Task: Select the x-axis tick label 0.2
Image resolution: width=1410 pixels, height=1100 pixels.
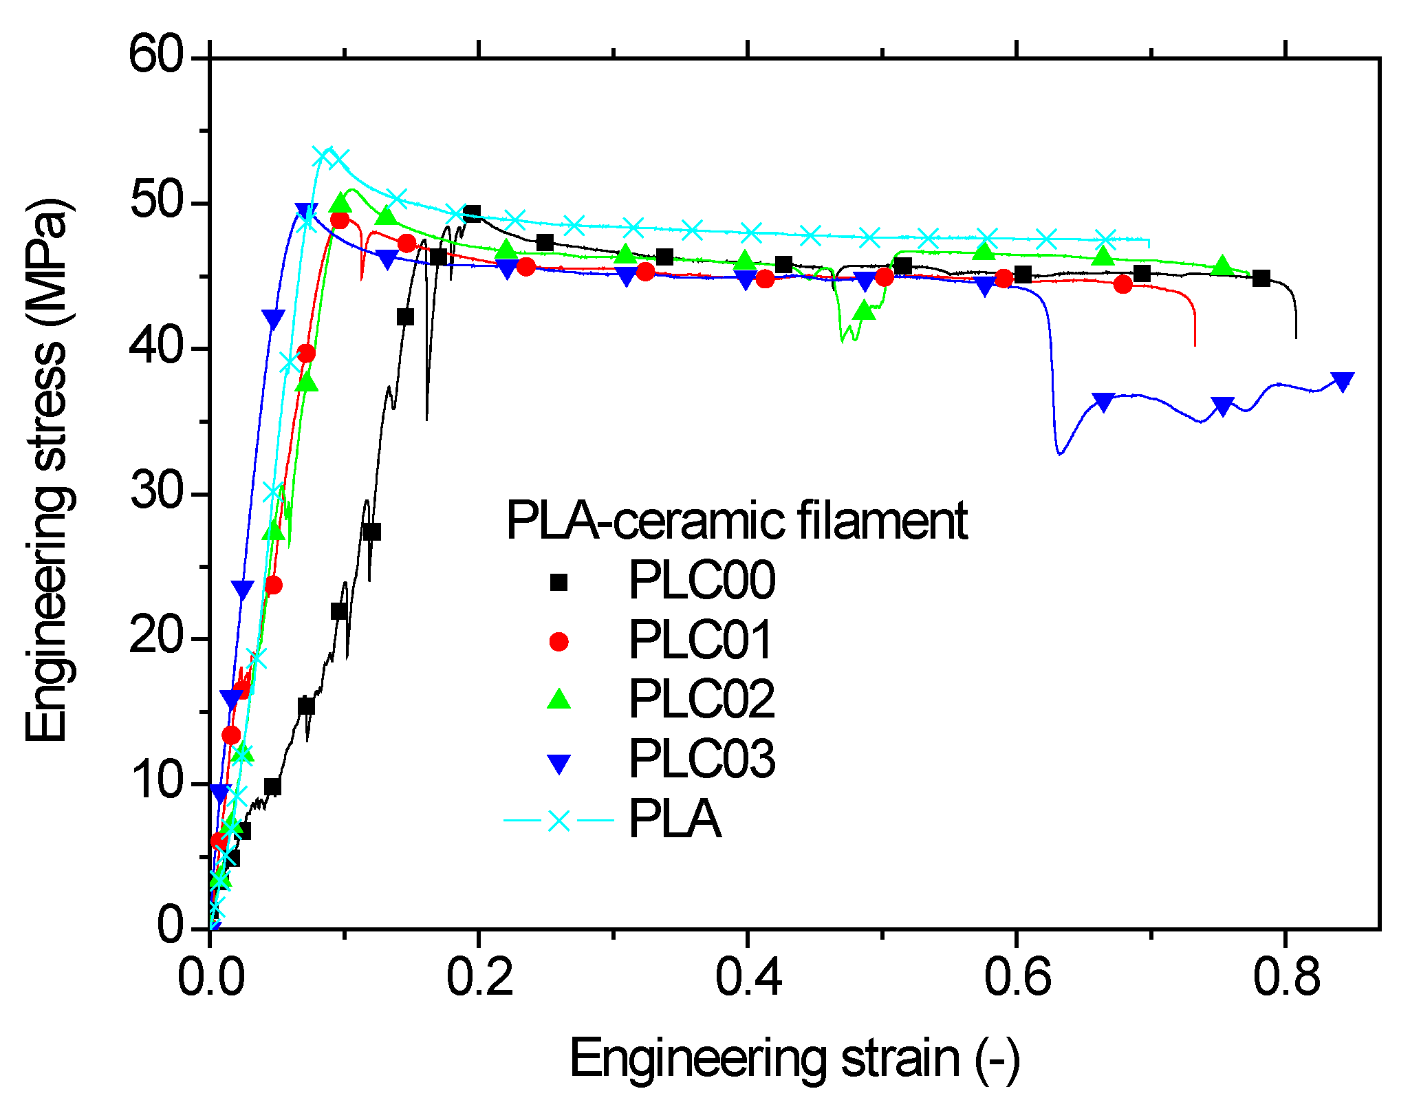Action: (479, 978)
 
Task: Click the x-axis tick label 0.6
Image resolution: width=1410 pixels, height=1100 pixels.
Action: (1017, 978)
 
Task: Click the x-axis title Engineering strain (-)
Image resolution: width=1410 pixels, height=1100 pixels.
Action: (794, 1059)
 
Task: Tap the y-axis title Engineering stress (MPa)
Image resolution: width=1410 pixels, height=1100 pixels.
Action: (47, 471)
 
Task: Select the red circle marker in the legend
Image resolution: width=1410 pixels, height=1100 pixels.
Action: (559, 641)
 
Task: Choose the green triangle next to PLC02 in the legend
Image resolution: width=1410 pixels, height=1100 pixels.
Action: (559, 700)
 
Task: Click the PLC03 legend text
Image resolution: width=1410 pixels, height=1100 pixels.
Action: (702, 759)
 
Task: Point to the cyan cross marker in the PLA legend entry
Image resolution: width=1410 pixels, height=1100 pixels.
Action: (559, 820)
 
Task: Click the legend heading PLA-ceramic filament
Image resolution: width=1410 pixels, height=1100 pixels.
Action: (737, 521)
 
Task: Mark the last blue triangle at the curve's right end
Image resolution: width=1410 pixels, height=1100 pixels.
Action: (1342, 381)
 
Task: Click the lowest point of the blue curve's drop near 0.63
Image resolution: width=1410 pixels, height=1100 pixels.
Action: (1060, 454)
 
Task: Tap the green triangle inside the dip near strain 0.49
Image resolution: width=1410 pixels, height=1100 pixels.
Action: (865, 312)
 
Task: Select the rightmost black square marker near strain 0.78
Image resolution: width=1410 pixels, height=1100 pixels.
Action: (1261, 279)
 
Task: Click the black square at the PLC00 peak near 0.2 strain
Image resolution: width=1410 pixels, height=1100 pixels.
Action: (472, 213)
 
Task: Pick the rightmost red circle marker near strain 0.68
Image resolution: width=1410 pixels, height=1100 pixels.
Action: (1122, 284)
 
